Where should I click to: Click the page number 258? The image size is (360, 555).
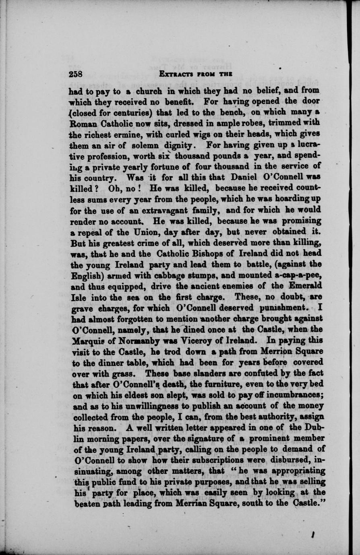point(76,74)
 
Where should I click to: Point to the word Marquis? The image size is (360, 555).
point(91,340)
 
